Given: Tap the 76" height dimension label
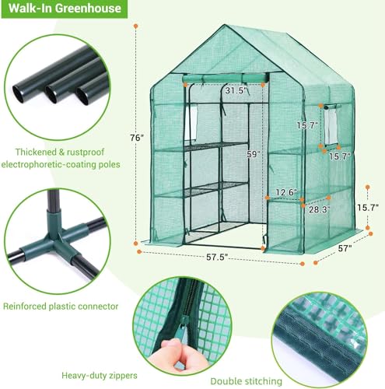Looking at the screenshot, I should tap(137, 138).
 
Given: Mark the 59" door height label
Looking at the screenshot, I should tap(231, 153).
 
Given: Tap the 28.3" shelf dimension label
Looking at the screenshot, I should tap(317, 209).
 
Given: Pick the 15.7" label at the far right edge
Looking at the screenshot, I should tap(369, 209).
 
